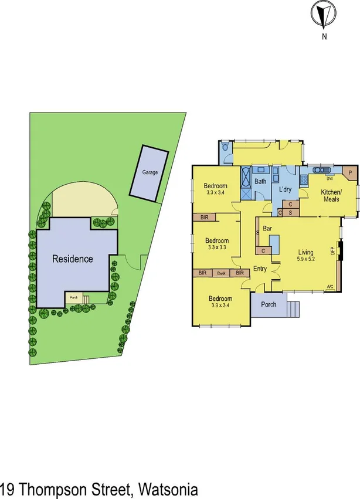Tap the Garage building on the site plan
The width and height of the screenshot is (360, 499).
coord(148,172)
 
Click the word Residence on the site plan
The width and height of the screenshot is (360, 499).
coord(72,259)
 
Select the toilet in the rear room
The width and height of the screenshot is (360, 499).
coord(227,148)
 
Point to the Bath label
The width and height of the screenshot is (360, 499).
coord(260,181)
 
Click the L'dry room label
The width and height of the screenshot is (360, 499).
coord(285,189)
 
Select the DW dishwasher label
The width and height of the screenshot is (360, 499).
coord(330,178)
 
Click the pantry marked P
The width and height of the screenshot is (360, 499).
coord(349,173)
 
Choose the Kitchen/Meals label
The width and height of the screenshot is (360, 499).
coord(331,196)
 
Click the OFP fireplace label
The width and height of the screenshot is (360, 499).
coord(333,251)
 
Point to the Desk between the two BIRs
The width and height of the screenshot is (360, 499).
coord(221,273)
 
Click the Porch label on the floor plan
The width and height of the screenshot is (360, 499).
coord(269,304)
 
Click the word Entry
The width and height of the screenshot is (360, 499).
coord(259,269)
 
